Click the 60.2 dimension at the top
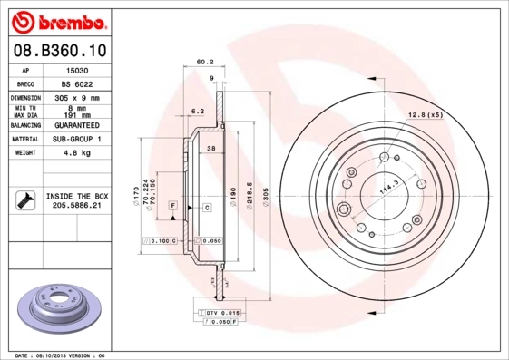pos(204,62)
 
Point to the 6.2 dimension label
pos(197,111)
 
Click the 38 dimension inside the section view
pos(210,148)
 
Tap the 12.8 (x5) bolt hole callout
pos(425,114)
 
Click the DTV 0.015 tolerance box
pos(220,312)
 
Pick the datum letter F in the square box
pos(171,208)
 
